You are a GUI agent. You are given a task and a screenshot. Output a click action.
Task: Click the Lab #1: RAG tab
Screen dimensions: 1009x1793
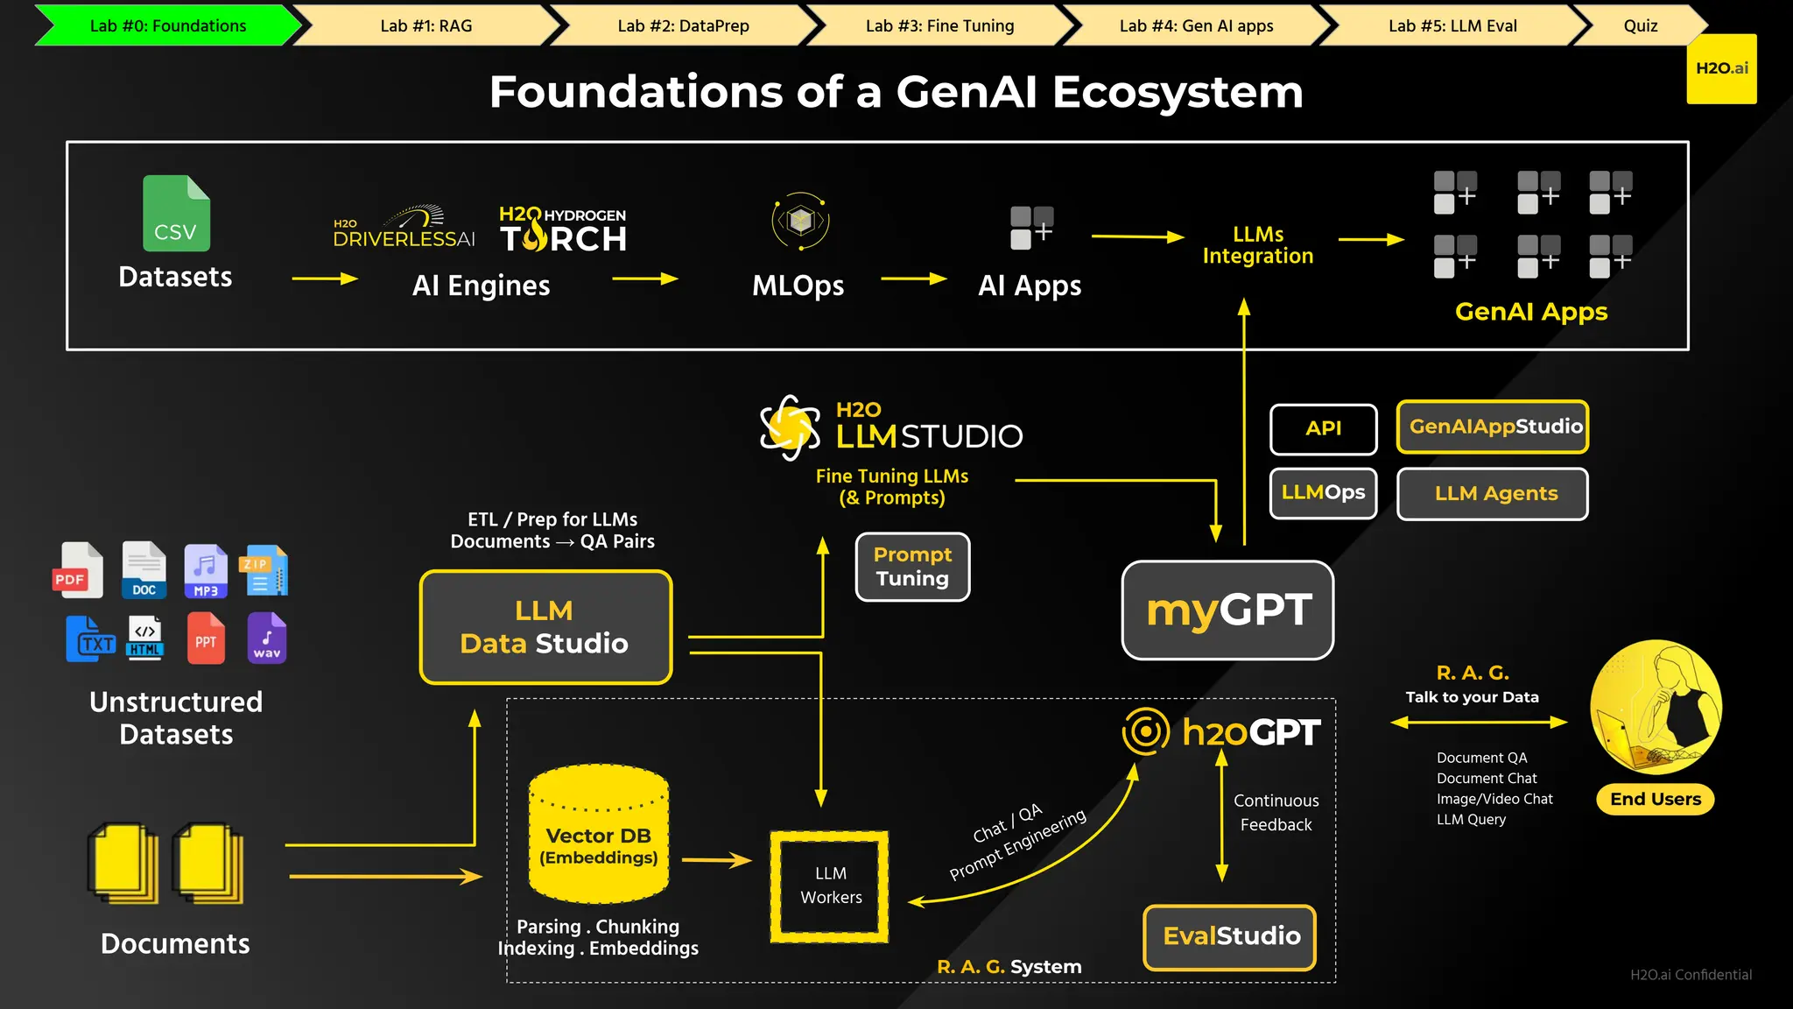[425, 25]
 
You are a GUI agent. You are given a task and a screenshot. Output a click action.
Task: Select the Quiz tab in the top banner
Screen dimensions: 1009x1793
[1640, 25]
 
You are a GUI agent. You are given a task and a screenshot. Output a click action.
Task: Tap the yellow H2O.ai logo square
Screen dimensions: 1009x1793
[1721, 68]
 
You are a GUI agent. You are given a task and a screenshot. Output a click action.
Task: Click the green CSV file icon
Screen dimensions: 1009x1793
[176, 214]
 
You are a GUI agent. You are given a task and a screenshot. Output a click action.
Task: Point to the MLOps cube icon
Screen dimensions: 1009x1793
[800, 221]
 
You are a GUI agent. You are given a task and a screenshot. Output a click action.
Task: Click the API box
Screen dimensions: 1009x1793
[1323, 428]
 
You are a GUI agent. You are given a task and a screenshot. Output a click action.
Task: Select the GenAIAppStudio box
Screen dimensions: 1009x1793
[1493, 427]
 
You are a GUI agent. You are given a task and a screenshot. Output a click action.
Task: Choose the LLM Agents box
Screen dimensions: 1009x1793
[1493, 494]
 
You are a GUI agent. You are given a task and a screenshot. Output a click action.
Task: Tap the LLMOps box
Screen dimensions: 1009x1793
[1323, 493]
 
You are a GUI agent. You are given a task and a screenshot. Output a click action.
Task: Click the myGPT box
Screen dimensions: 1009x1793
[1227, 610]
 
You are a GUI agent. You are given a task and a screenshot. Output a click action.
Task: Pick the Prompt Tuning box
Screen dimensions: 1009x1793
[912, 567]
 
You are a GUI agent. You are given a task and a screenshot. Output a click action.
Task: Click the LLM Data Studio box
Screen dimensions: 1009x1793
[545, 627]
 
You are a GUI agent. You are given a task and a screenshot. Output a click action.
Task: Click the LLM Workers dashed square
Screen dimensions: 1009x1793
[830, 886]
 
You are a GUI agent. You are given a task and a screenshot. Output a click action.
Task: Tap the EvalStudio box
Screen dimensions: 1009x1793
[1230, 936]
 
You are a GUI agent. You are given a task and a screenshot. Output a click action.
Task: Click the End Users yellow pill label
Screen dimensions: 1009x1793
[1655, 799]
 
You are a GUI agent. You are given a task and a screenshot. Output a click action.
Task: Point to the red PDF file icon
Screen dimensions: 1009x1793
[78, 570]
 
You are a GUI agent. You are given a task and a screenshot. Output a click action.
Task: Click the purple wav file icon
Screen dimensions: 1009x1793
[266, 638]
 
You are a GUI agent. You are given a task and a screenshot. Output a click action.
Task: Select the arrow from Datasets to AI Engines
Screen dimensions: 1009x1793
[325, 279]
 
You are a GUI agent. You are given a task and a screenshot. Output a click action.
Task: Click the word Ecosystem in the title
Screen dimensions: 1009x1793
[1177, 92]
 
